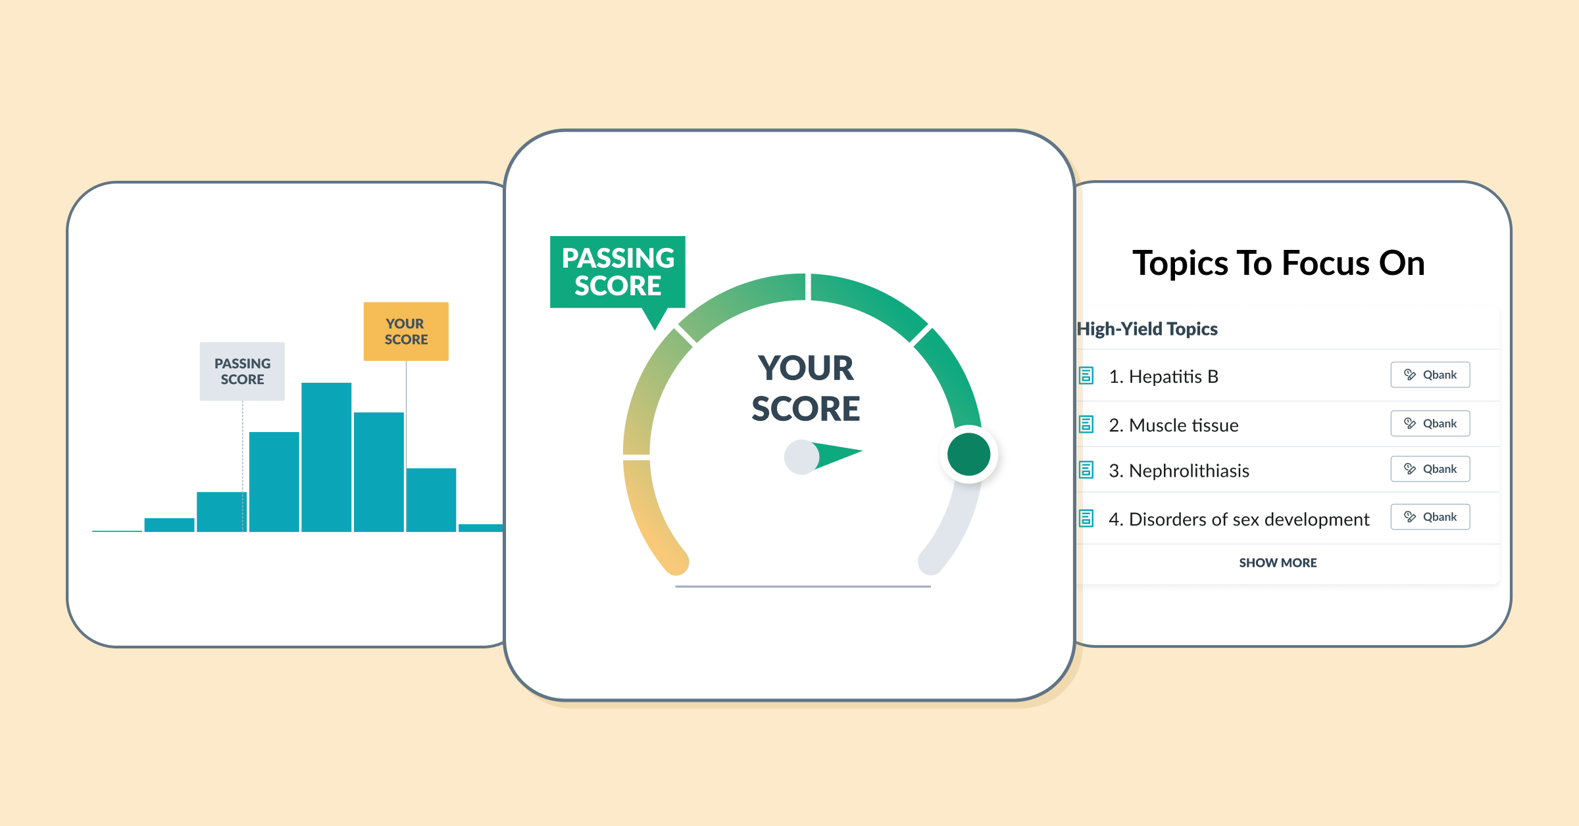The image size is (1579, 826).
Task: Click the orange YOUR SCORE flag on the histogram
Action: pyautogui.click(x=406, y=331)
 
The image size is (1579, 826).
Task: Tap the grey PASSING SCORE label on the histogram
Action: pyautogui.click(x=242, y=371)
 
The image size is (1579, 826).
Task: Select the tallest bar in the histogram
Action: pyautogui.click(x=326, y=457)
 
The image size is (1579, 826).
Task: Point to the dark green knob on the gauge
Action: pyautogui.click(x=969, y=454)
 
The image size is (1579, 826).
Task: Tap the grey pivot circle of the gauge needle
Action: pyautogui.click(x=801, y=456)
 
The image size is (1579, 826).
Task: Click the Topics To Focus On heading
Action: pyautogui.click(x=1278, y=263)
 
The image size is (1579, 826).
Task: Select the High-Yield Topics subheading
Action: pyautogui.click(x=1147, y=329)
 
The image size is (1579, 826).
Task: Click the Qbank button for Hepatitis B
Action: pyautogui.click(x=1430, y=375)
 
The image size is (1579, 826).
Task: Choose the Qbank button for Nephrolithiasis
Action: pyautogui.click(x=1430, y=469)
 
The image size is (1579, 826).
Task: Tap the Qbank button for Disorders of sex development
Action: pyautogui.click(x=1430, y=517)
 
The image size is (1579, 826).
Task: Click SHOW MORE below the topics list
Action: pyautogui.click(x=1278, y=563)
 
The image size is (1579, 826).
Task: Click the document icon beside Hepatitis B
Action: pyautogui.click(x=1086, y=376)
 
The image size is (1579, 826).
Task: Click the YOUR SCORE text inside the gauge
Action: pyautogui.click(x=806, y=388)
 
